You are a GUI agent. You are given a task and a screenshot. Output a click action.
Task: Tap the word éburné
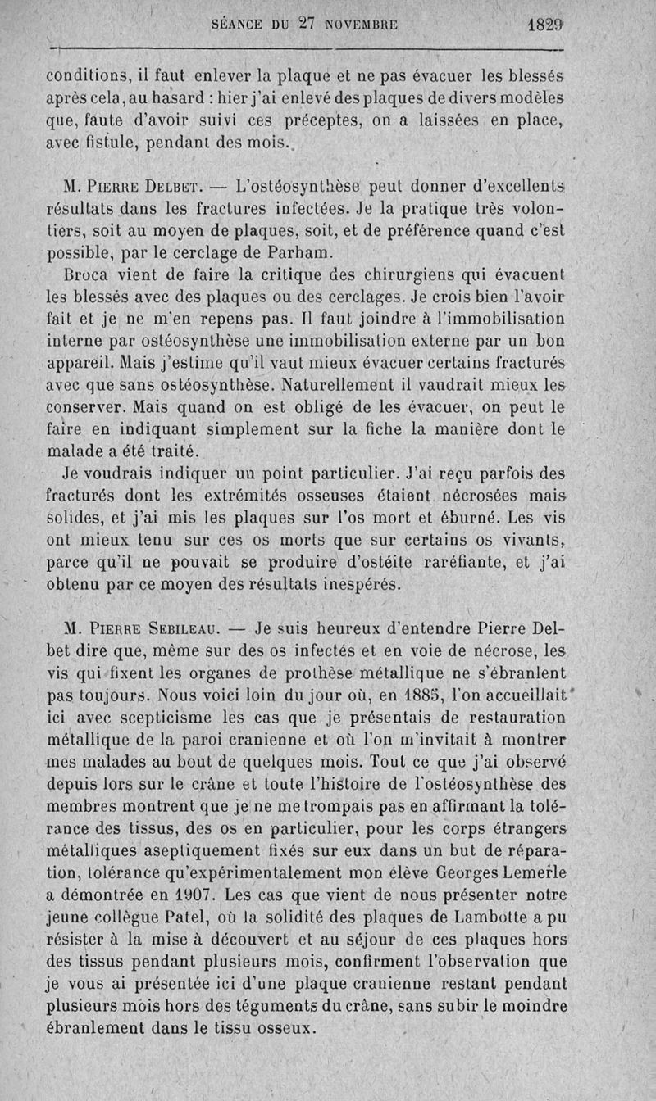(462, 517)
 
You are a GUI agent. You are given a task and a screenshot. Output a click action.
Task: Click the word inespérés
(348, 584)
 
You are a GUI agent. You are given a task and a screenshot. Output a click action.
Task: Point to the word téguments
(373, 1004)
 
